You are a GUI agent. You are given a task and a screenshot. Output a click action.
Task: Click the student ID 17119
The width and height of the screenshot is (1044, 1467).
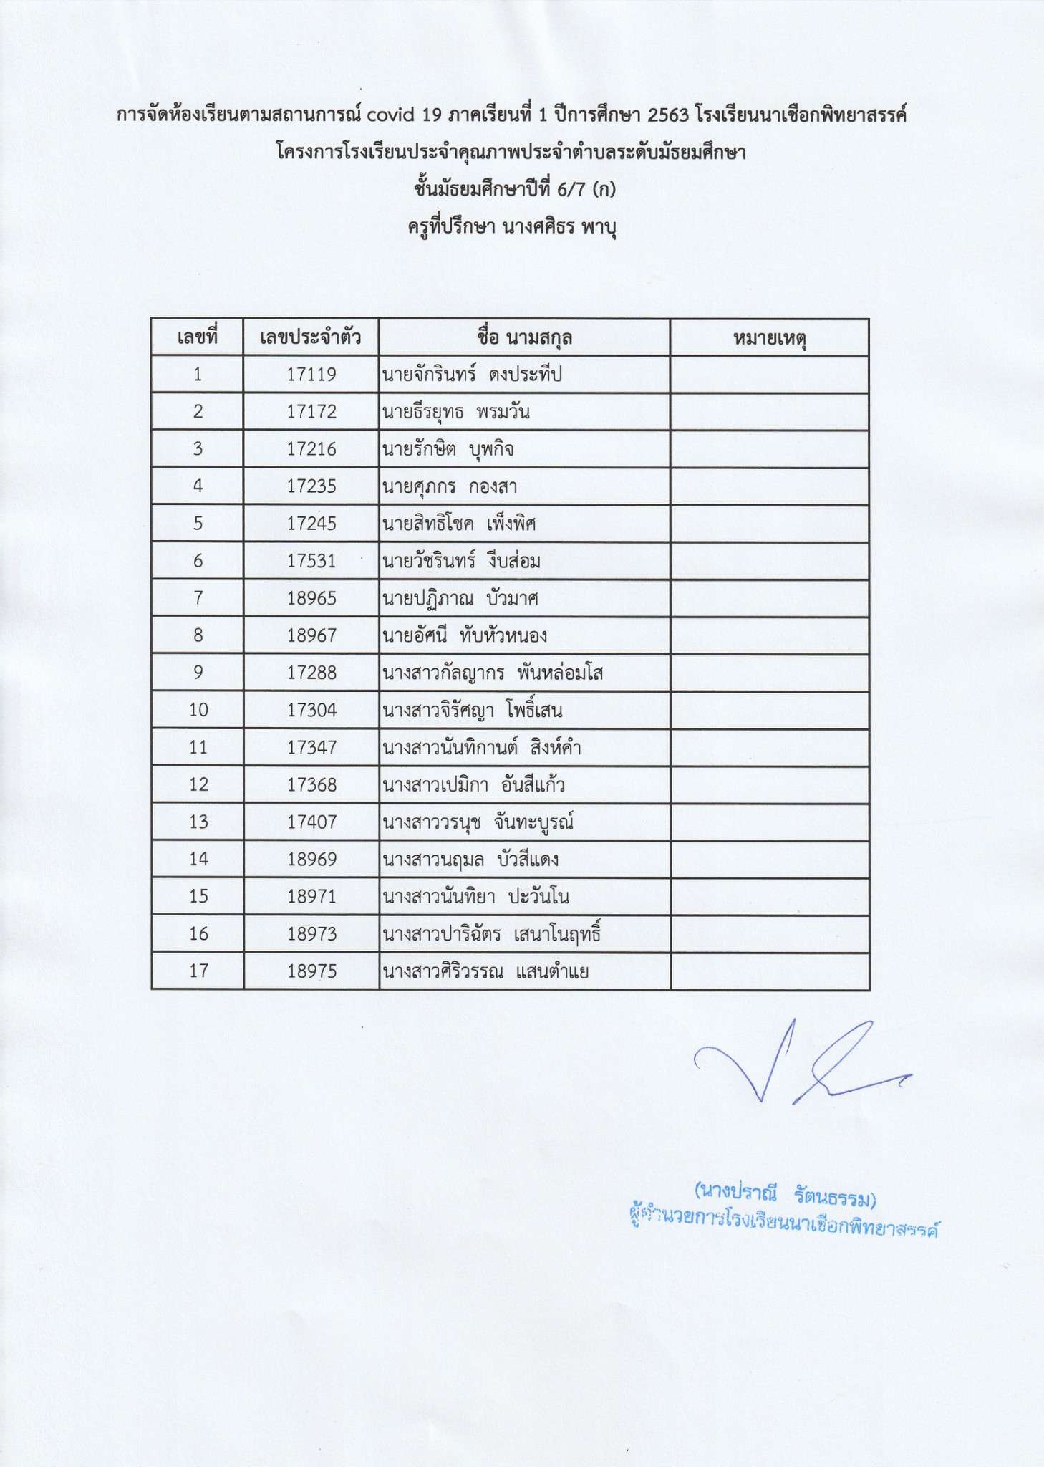311,375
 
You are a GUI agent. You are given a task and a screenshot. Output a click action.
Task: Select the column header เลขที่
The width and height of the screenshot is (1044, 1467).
197,337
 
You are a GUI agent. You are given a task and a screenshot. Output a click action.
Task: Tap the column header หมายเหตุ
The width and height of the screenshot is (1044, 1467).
770,337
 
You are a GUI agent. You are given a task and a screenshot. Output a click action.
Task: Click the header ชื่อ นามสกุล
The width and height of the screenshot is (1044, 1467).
524,337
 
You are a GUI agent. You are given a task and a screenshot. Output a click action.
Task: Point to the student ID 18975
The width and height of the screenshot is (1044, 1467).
311,971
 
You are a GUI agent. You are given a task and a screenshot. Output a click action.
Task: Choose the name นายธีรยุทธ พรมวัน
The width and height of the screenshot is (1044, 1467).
455,412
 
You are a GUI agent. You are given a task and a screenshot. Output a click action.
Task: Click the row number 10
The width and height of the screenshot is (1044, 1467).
198,710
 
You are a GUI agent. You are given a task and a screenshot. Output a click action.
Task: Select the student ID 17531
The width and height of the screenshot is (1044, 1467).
311,561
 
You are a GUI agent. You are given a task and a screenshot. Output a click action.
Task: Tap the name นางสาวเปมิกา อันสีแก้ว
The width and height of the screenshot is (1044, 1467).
473,785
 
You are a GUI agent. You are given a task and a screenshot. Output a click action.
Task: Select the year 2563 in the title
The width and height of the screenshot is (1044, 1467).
667,115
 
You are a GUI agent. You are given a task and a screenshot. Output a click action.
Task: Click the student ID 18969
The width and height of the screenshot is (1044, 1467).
311,860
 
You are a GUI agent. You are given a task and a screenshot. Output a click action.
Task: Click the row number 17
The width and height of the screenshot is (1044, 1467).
198,971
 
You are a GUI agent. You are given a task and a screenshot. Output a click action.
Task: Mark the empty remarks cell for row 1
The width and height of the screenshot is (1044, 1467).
770,375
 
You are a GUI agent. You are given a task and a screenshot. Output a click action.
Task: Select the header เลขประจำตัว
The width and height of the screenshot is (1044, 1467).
311,337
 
